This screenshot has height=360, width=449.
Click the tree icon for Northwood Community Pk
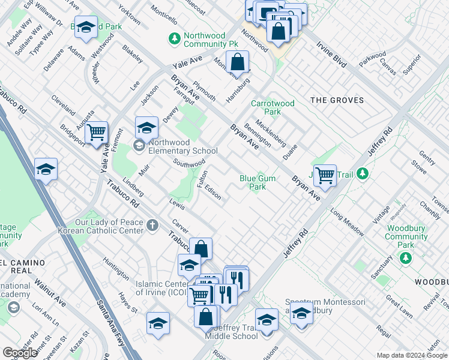tap(174, 38)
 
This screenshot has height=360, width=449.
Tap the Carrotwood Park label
tap(273, 107)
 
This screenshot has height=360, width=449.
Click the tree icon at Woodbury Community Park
tap(406, 257)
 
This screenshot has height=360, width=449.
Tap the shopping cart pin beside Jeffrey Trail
tap(325, 175)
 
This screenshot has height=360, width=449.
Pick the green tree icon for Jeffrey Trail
tap(361, 174)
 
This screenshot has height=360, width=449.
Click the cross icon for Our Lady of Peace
tap(152, 226)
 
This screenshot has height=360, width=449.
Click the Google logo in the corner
tap(20, 352)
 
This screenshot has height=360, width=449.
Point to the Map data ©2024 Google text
tap(412, 356)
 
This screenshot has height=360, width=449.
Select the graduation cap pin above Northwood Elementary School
tap(146, 127)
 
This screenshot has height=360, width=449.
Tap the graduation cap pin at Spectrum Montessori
tap(301, 313)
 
